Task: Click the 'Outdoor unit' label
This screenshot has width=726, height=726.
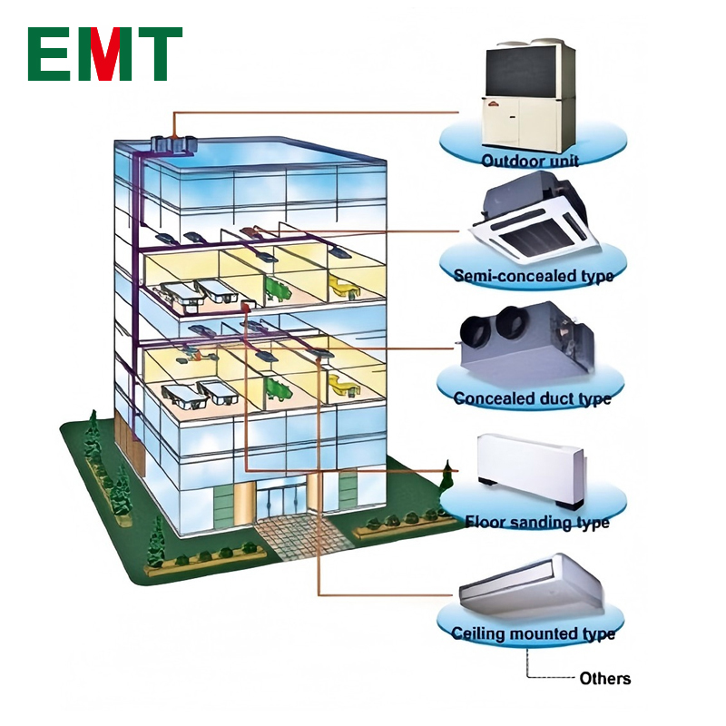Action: pos(531,162)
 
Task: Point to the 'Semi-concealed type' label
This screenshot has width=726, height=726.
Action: pos(533,275)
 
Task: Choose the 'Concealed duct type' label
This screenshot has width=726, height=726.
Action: pos(533,398)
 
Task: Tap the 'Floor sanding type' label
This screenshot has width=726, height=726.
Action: pos(536,522)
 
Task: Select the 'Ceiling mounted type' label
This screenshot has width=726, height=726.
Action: pos(533,633)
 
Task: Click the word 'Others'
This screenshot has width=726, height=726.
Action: pos(604,679)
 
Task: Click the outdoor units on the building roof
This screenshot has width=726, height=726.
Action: pos(172,142)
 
